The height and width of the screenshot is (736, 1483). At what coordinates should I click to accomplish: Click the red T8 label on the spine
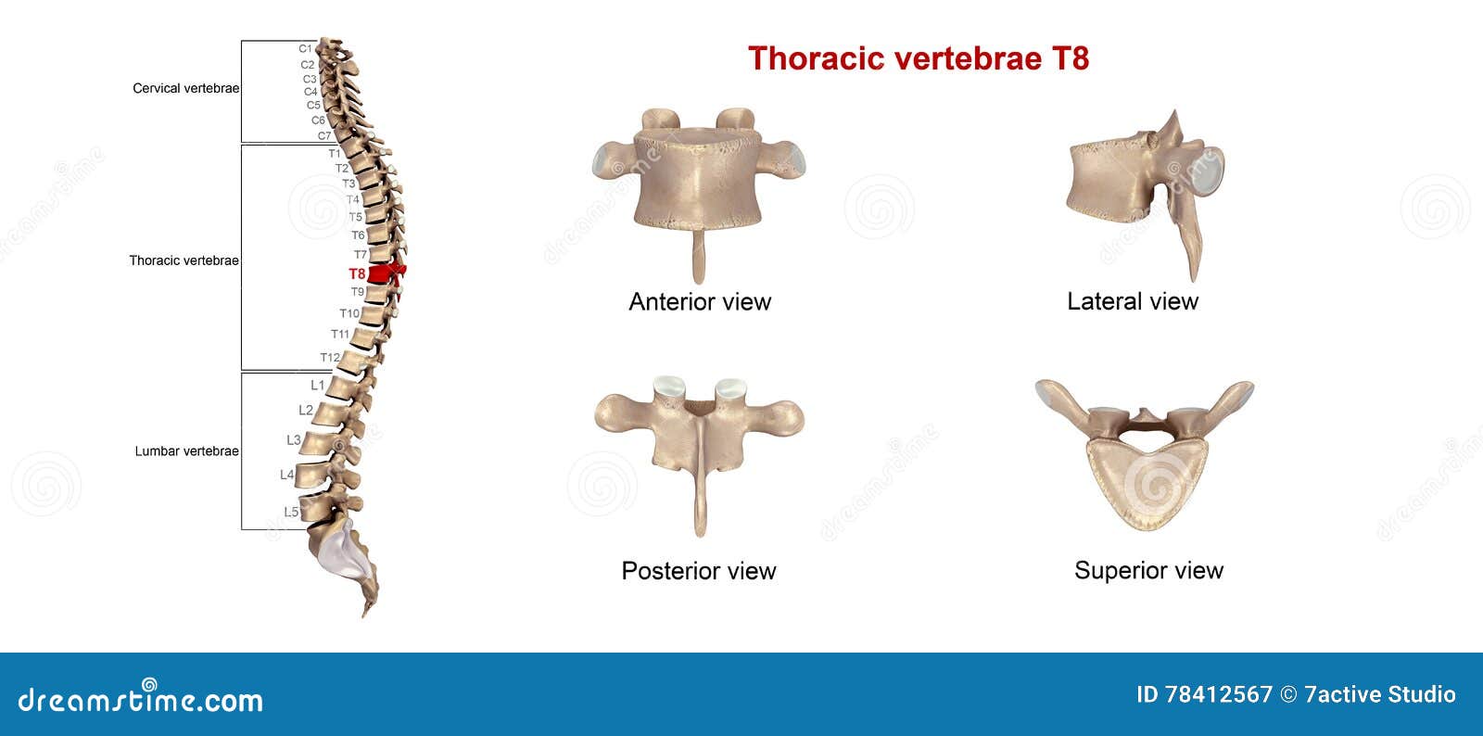(x=357, y=273)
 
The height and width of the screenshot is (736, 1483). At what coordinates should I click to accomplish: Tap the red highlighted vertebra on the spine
(x=382, y=273)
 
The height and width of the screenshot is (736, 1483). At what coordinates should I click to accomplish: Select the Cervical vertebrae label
(x=185, y=88)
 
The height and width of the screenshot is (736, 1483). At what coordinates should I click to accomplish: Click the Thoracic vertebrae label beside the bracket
(x=184, y=260)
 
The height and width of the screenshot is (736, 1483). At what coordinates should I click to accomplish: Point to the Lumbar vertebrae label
(x=186, y=451)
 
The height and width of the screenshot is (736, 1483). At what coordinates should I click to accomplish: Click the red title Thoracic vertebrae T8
(x=918, y=58)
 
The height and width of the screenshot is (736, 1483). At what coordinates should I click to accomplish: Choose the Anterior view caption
(x=700, y=301)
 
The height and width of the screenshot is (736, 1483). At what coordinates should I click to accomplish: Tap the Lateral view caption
(x=1132, y=301)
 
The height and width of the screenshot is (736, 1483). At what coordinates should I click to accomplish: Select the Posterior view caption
(x=698, y=570)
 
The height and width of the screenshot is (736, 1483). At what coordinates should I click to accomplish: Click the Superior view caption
(x=1148, y=570)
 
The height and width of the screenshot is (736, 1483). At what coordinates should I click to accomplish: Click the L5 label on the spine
(x=291, y=512)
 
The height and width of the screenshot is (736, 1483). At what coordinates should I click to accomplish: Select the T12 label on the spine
(x=329, y=358)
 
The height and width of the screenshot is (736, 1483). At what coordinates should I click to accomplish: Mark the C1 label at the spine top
(x=305, y=48)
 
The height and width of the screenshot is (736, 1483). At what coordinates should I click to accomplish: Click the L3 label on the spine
(x=293, y=439)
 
